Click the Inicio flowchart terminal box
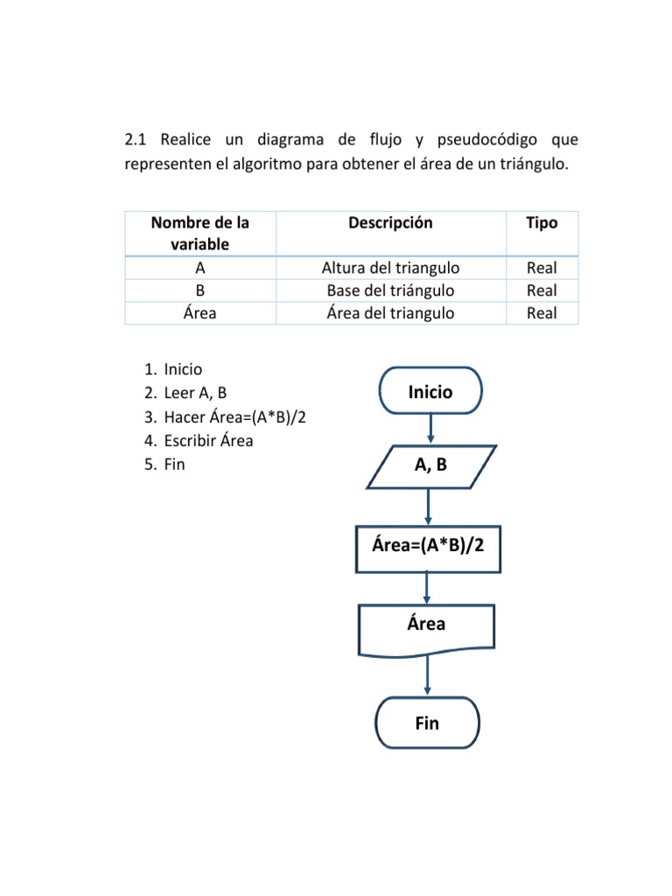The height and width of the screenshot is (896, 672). click(430, 391)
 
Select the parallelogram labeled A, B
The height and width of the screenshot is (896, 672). click(430, 465)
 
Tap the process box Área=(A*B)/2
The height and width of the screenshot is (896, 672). click(428, 548)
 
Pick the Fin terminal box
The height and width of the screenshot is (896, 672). click(427, 723)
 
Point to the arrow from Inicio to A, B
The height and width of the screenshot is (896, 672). click(430, 429)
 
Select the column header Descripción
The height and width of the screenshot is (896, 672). click(390, 223)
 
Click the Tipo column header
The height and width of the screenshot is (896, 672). click(541, 223)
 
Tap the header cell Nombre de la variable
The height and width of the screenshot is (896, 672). click(200, 234)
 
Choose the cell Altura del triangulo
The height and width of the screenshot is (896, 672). click(390, 268)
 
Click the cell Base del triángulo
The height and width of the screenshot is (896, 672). click(390, 290)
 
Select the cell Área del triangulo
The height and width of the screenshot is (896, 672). click(390, 312)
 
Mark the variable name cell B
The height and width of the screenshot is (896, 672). click(200, 290)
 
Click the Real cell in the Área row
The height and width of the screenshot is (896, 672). click(541, 312)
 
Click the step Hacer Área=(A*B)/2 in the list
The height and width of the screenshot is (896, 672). click(234, 417)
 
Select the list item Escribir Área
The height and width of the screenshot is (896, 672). click(208, 441)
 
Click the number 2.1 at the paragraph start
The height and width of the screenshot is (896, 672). click(138, 140)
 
